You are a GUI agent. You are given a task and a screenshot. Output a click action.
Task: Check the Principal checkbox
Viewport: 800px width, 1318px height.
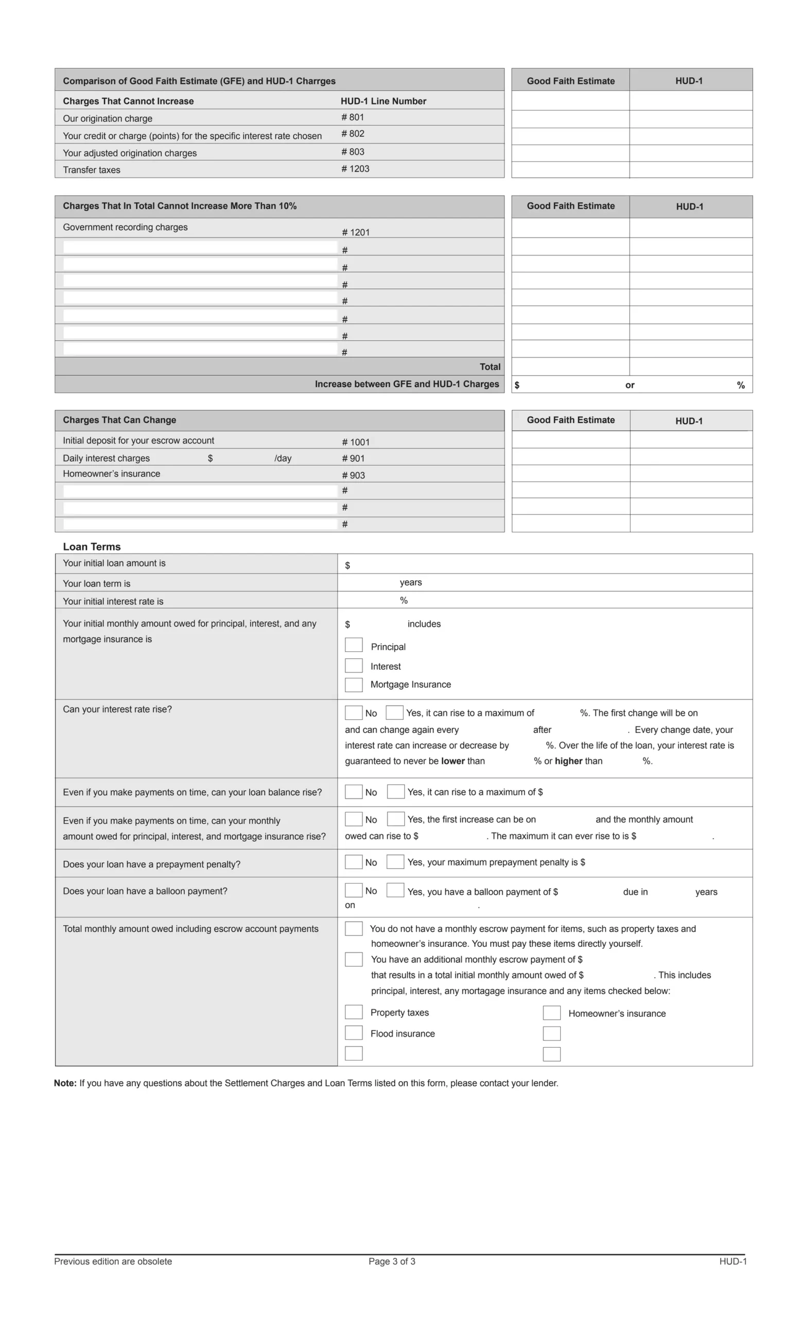(354, 645)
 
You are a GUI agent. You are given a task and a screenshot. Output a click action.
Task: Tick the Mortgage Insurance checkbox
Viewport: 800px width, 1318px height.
(354, 685)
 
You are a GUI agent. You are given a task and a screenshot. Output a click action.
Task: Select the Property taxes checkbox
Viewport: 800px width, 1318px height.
(354, 1012)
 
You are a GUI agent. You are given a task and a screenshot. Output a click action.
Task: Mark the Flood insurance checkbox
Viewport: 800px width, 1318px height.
(354, 1032)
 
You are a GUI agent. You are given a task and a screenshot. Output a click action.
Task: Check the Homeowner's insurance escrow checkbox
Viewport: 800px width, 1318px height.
(551, 1013)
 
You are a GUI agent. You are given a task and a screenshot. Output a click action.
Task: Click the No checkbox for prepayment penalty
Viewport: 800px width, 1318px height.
(354, 862)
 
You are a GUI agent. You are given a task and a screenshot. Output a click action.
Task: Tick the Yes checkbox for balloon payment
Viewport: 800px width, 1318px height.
(395, 890)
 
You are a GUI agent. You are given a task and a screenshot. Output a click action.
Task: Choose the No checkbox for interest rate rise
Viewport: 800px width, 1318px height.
(354, 713)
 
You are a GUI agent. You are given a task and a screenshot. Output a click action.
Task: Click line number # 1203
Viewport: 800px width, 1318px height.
(355, 169)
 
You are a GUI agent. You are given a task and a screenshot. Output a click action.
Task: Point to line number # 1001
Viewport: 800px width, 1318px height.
(356, 442)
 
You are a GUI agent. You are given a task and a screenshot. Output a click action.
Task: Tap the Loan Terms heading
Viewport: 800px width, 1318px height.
(92, 547)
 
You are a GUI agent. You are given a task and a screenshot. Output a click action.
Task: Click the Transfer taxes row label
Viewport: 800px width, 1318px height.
(92, 170)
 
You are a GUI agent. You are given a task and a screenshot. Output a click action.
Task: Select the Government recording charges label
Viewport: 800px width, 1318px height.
(125, 228)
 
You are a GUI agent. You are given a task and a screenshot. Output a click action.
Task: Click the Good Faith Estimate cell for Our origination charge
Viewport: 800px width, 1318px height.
(570, 119)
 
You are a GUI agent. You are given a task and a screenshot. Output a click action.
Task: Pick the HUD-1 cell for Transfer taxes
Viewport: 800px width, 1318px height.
(690, 170)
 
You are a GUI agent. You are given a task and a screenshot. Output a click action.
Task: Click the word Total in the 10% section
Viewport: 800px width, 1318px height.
(490, 367)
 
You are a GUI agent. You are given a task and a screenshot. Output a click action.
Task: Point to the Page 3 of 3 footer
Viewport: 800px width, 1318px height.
(391, 1261)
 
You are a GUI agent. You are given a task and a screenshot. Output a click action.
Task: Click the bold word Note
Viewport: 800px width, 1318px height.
(65, 1083)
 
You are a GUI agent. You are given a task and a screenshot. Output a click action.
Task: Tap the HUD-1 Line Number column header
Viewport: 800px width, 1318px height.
(384, 101)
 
